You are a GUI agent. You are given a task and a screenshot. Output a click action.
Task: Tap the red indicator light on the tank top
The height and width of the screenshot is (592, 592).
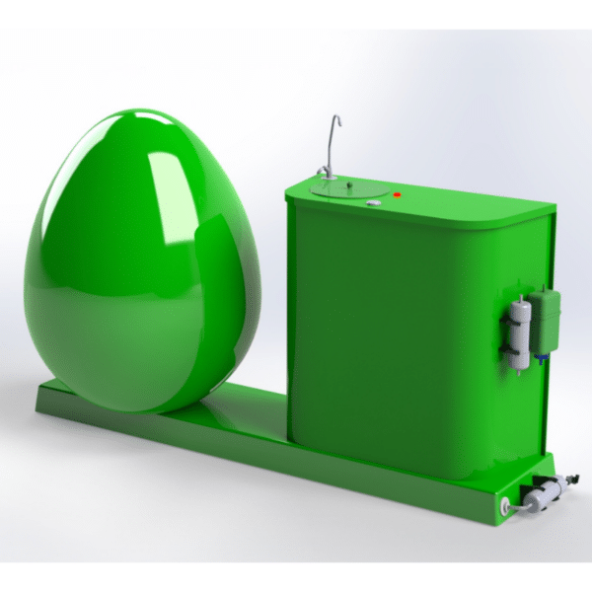coord(397,195)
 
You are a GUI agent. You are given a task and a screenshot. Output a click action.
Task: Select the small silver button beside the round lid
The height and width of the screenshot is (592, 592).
coord(373,203)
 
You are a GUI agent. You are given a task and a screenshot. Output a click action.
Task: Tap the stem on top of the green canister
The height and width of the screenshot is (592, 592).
coord(542,289)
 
